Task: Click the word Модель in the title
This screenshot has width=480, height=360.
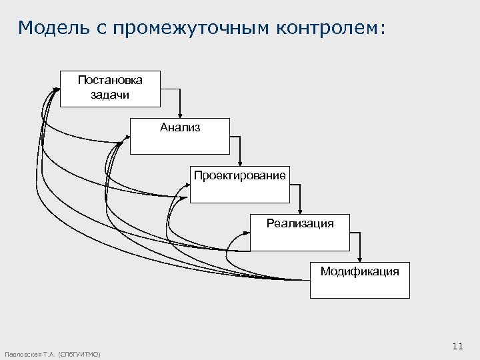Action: tap(50, 28)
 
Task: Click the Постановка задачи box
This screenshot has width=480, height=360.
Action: tap(110, 87)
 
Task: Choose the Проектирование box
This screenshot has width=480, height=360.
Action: tap(240, 183)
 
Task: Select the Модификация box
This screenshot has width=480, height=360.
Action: tap(360, 279)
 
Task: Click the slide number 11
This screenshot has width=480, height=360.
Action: tap(457, 345)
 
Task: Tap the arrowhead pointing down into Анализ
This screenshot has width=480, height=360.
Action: tap(179, 115)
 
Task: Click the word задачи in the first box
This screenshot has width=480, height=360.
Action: tap(110, 94)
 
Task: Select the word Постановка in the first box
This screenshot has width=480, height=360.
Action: tap(110, 80)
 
